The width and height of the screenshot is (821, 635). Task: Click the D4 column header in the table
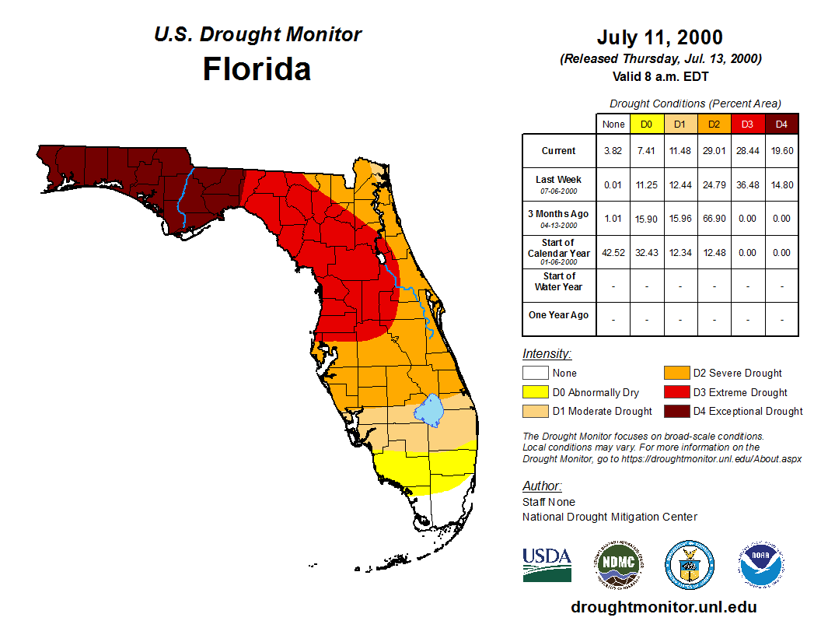pos(781,124)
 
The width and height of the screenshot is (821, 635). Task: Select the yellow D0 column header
pos(646,124)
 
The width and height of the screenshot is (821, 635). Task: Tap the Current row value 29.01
pos(713,151)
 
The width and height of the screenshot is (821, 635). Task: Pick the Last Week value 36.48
pos(747,184)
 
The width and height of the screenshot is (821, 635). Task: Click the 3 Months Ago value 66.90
pos(713,219)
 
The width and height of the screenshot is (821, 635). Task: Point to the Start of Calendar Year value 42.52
pos(613,252)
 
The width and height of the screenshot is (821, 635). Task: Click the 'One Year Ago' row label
pos(558,315)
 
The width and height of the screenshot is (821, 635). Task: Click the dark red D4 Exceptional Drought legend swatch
pos(676,411)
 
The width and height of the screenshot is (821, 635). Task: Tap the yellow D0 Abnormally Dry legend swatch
pos(535,392)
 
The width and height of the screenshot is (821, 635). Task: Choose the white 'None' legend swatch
pos(535,374)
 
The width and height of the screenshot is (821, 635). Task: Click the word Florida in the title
pos(257,69)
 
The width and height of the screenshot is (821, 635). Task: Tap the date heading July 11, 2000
pos(659,37)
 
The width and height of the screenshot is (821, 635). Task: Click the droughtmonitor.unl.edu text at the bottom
pos(663,607)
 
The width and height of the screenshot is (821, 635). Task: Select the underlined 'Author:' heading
pos(542,486)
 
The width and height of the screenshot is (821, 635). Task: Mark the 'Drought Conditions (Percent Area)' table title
pos(695,103)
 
